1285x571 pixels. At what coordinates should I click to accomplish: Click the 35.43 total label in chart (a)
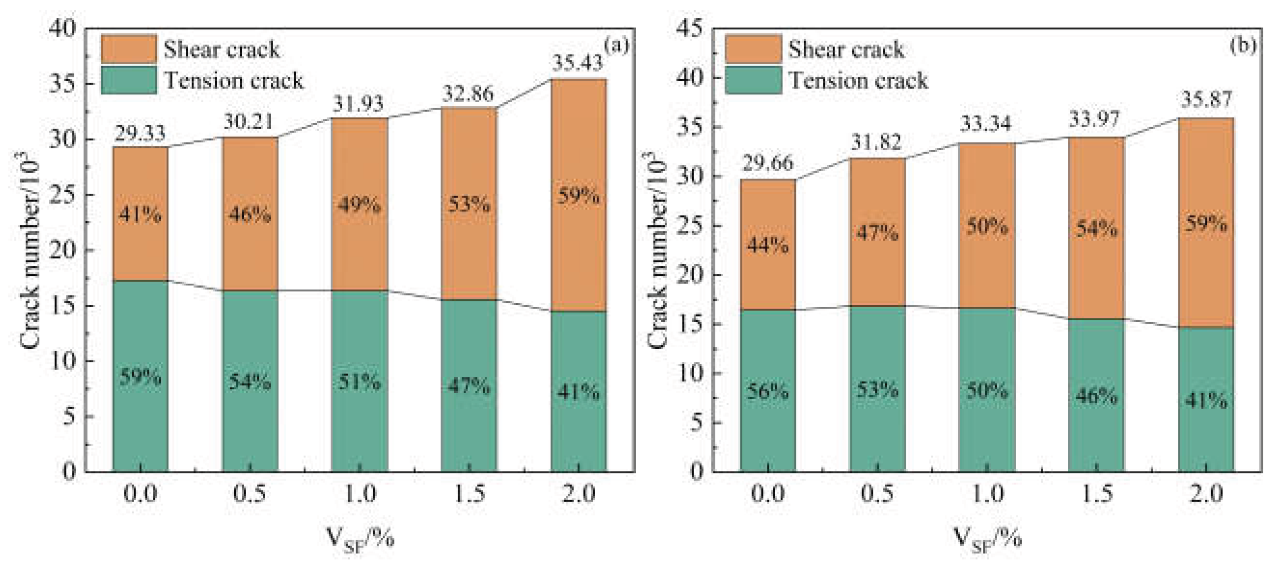[577, 64]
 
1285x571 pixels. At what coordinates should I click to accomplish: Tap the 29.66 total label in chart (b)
[767, 163]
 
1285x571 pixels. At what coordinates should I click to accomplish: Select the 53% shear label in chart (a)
[468, 204]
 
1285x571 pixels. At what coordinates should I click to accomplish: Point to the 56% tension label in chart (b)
[767, 392]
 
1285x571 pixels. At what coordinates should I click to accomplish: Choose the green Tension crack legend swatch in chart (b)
[753, 80]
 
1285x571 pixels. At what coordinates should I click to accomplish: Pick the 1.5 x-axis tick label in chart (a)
[468, 494]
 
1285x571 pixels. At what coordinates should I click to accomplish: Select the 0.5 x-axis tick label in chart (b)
[877, 494]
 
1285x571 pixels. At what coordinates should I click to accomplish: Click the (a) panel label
[616, 45]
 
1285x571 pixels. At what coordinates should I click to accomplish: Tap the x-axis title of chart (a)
[360, 540]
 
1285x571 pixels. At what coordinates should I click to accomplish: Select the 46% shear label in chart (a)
[250, 215]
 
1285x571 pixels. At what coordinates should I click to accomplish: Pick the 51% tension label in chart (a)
[359, 382]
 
